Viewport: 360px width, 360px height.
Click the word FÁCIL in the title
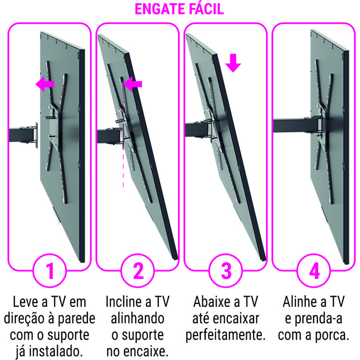(x=207, y=9)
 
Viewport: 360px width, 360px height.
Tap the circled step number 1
(x=49, y=271)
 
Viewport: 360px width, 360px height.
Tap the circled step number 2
(x=138, y=271)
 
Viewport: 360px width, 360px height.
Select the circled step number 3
(x=226, y=271)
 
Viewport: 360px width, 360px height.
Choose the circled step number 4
(x=314, y=271)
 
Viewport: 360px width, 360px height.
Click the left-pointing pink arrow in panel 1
(x=45, y=84)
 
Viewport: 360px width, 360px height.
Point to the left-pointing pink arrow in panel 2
(x=133, y=84)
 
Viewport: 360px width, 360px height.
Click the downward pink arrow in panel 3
(x=233, y=63)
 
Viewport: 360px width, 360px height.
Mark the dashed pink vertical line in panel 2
(x=123, y=134)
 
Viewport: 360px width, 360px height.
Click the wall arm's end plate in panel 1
(x=36, y=135)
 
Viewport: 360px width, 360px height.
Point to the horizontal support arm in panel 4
(x=296, y=126)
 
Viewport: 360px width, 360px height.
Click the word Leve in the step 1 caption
(x=26, y=301)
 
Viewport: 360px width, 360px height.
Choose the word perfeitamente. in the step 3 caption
(x=225, y=335)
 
